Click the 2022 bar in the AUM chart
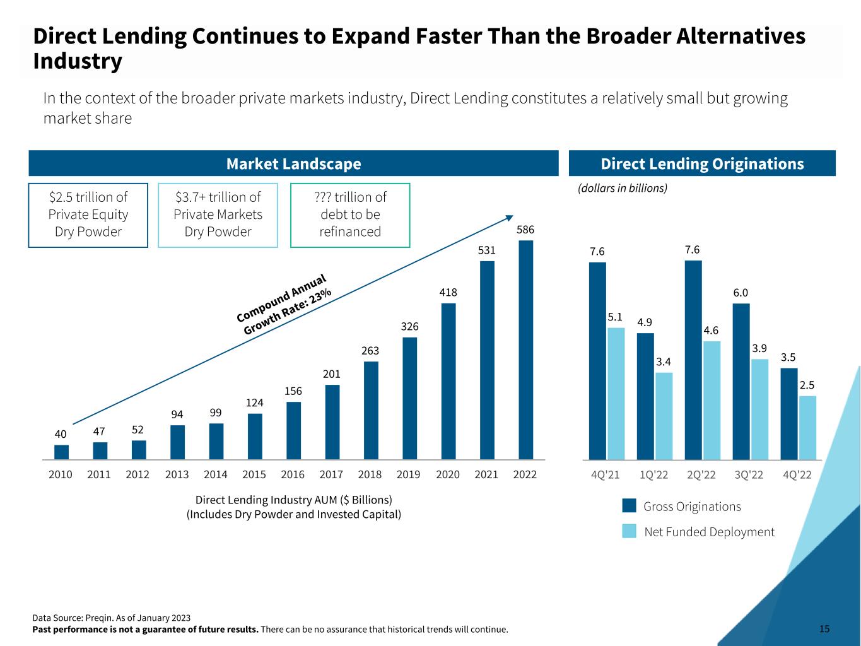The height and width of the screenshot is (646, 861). pyautogui.click(x=525, y=349)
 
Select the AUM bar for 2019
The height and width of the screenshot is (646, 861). pyautogui.click(x=409, y=398)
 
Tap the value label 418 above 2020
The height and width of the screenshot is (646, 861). pyautogui.click(x=448, y=293)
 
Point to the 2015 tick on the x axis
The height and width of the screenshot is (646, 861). pyautogui.click(x=254, y=474)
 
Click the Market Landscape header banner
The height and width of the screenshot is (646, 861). pyautogui.click(x=293, y=164)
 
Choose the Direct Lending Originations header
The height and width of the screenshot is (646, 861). pyautogui.click(x=702, y=164)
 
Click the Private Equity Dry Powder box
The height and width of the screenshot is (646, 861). pyautogui.click(x=88, y=214)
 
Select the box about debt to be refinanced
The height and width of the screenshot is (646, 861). pyautogui.click(x=350, y=214)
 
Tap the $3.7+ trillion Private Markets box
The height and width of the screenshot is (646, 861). pyautogui.click(x=218, y=214)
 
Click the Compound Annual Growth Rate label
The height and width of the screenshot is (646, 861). pyautogui.click(x=284, y=305)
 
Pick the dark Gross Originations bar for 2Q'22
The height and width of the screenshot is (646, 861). pyautogui.click(x=693, y=360)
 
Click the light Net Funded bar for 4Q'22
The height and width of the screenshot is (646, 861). pyautogui.click(x=807, y=428)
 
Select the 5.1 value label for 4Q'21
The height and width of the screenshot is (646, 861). pyautogui.click(x=616, y=317)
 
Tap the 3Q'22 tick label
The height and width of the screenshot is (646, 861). pyautogui.click(x=749, y=474)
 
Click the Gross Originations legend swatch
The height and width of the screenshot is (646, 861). pyautogui.click(x=629, y=506)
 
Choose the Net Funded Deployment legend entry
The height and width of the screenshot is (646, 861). pyautogui.click(x=709, y=532)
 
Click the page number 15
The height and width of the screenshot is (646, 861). pyautogui.click(x=824, y=629)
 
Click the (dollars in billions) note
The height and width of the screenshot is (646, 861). pyautogui.click(x=623, y=188)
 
